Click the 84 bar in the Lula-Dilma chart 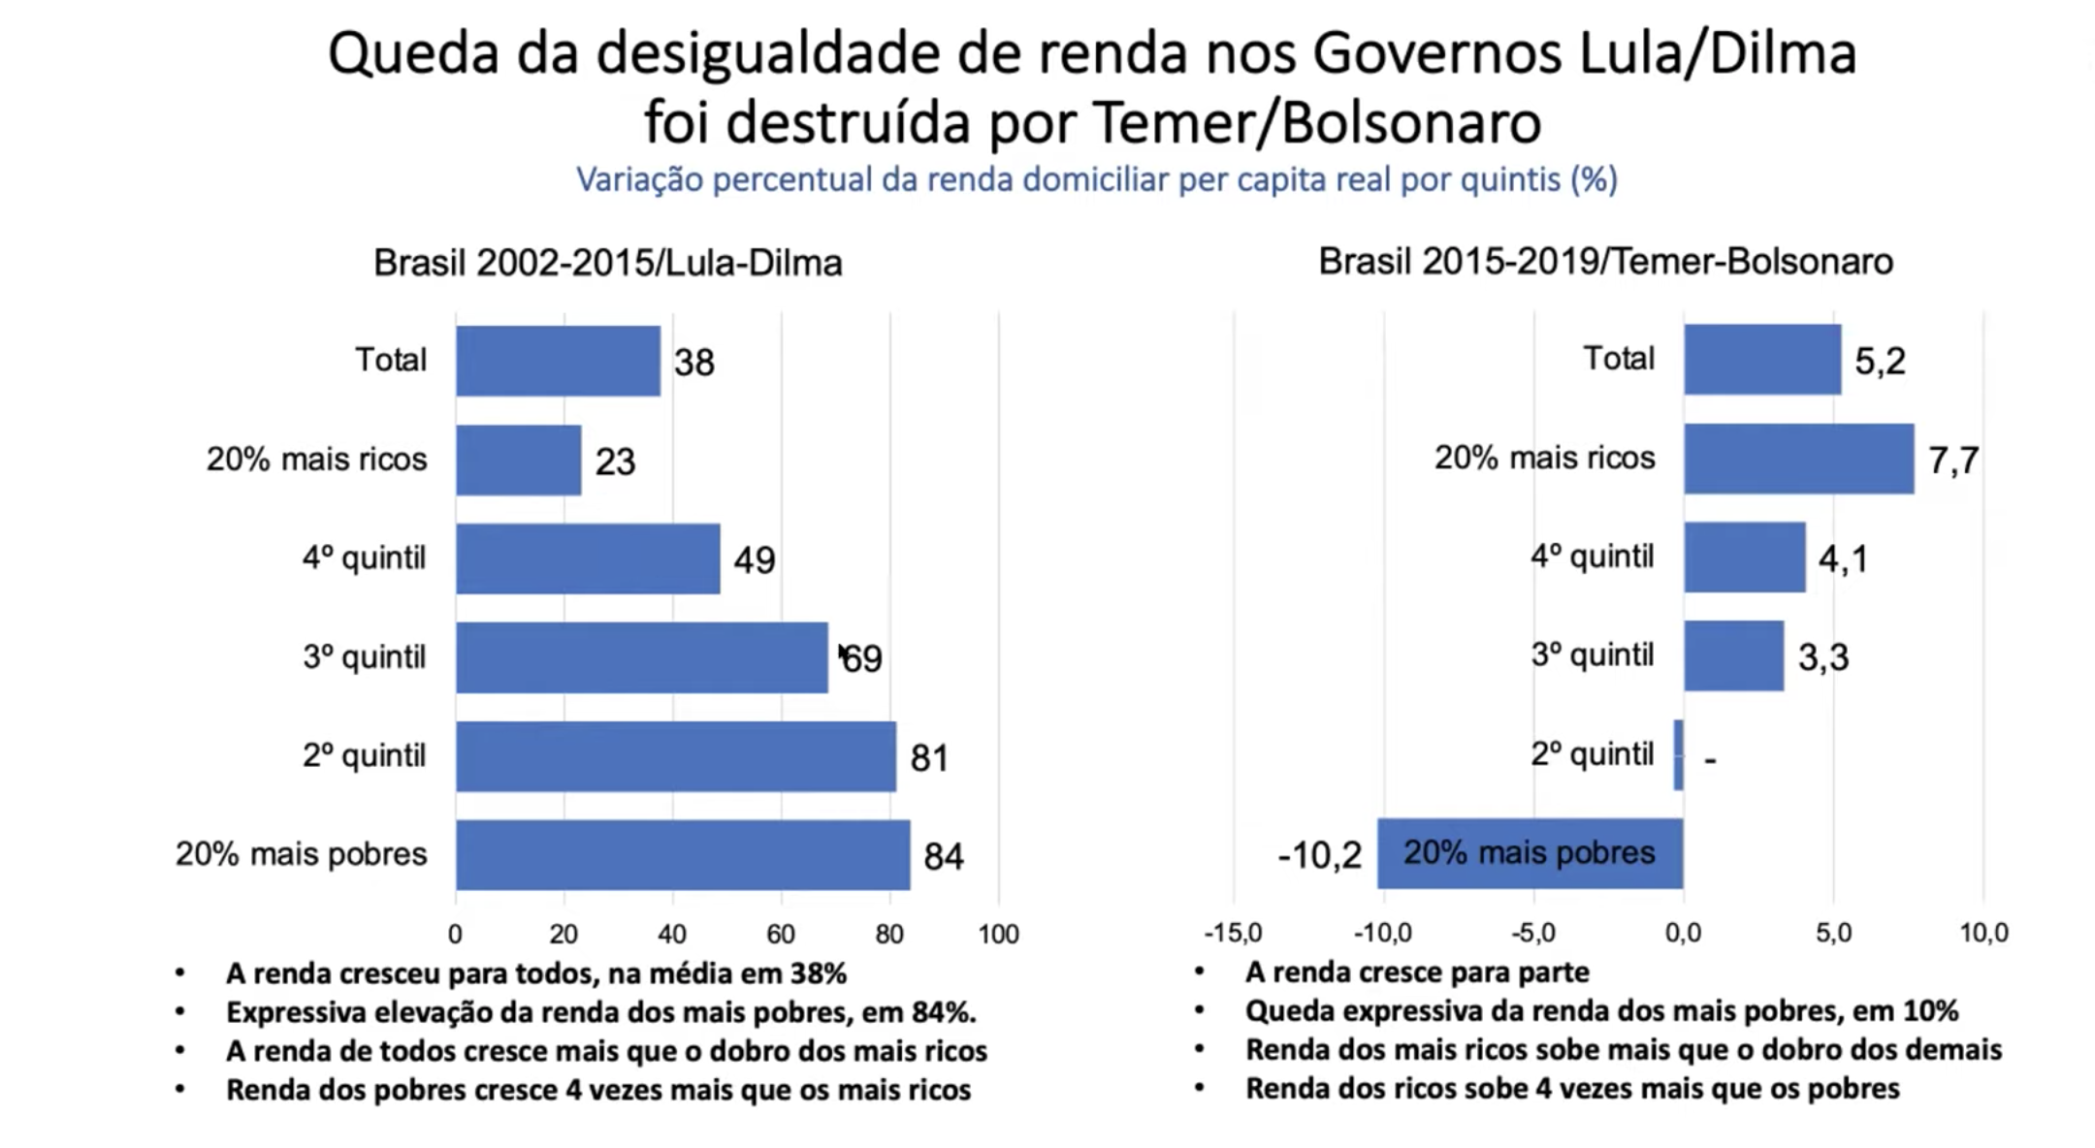[683, 854]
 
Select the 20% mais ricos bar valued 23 [519, 460]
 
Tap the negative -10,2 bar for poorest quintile [1530, 853]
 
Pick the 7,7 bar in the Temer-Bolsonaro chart [1798, 459]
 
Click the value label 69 [862, 659]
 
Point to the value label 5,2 [1880, 361]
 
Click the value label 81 [928, 757]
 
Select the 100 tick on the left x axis [998, 934]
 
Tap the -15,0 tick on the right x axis [1233, 933]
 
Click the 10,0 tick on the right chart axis [1983, 933]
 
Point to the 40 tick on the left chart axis [672, 934]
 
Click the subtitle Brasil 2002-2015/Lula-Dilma [608, 263]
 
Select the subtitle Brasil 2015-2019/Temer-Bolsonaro [1605, 262]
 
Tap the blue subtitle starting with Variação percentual [1097, 179]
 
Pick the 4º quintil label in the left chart [364, 558]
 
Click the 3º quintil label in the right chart [1592, 655]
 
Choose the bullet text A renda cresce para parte [1417, 972]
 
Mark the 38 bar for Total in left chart [558, 361]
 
